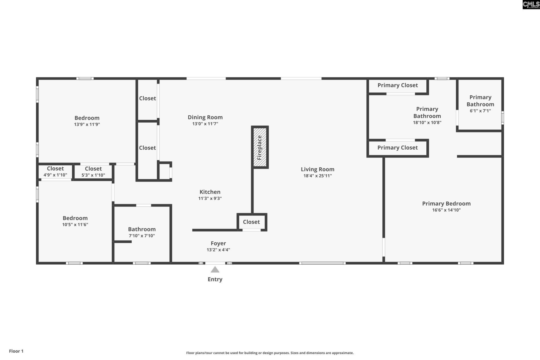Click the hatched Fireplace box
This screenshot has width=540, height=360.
click(x=260, y=147)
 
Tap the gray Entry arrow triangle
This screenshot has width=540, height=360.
click(x=215, y=270)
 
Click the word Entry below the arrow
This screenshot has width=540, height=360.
click(x=215, y=279)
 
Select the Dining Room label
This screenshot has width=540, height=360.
click(x=205, y=117)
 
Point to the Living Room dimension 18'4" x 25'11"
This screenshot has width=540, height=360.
click(x=318, y=176)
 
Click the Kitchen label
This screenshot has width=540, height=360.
click(x=210, y=192)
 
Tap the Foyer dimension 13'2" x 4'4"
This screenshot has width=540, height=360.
click(x=218, y=250)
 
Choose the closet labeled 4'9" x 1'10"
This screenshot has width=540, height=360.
click(x=55, y=171)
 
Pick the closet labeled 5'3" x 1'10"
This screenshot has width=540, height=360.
click(x=93, y=172)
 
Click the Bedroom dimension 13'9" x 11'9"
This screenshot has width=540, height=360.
click(x=87, y=124)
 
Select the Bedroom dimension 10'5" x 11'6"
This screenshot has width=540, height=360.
click(x=75, y=224)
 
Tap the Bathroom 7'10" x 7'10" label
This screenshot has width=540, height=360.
click(x=142, y=232)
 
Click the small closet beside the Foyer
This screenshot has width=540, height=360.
click(x=251, y=222)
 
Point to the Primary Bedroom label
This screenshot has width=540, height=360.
click(x=446, y=204)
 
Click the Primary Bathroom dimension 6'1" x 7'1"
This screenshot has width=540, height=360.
click(x=480, y=111)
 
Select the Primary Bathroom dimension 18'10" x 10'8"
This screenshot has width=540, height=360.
click(x=427, y=123)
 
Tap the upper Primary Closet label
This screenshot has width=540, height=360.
click(x=397, y=85)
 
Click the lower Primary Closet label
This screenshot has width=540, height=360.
click(x=397, y=148)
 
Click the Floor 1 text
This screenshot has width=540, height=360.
click(x=16, y=351)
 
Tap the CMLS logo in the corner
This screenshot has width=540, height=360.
click(x=531, y=4)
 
